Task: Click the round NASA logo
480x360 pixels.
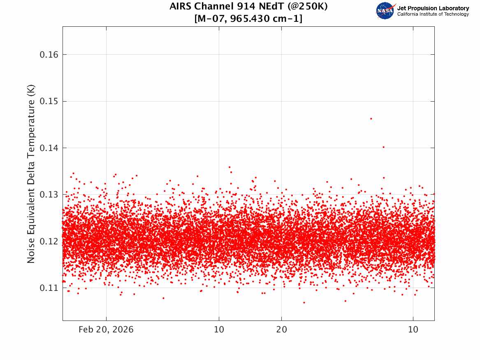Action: [385, 11]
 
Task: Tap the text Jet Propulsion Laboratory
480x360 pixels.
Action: [433, 8]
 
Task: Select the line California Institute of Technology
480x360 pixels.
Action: [433, 14]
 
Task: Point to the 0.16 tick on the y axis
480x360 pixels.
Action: [49, 55]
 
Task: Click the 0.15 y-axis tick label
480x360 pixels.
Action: [49, 101]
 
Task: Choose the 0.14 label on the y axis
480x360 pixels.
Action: [49, 148]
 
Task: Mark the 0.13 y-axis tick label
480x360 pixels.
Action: [49, 195]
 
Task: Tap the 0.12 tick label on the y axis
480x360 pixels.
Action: [49, 242]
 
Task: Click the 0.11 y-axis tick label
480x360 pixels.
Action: [49, 288]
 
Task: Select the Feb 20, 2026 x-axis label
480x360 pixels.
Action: [106, 330]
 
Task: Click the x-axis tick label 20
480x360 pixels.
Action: [282, 330]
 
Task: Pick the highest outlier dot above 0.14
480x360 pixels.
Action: [371, 119]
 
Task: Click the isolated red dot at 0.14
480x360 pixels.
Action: [383, 147]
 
